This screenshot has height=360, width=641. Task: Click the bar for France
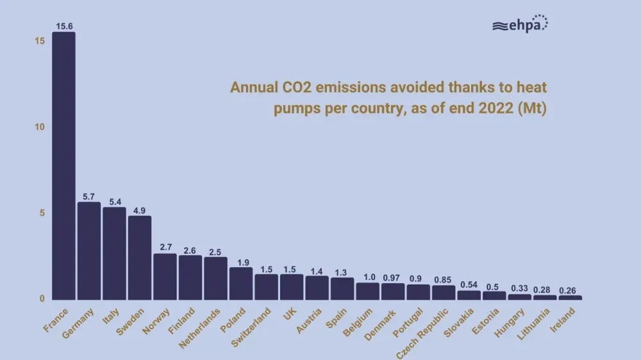(x=63, y=165)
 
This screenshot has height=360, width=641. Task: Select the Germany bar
(x=89, y=250)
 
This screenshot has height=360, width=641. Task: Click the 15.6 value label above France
(x=63, y=25)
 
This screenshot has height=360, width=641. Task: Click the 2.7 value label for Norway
(x=165, y=247)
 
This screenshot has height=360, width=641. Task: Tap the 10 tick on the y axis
(x=39, y=127)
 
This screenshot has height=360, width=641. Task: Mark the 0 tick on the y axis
(x=42, y=299)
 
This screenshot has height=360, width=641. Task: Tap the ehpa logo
(x=520, y=25)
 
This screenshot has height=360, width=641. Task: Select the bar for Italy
(x=114, y=253)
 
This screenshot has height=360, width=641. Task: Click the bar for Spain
(x=342, y=288)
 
